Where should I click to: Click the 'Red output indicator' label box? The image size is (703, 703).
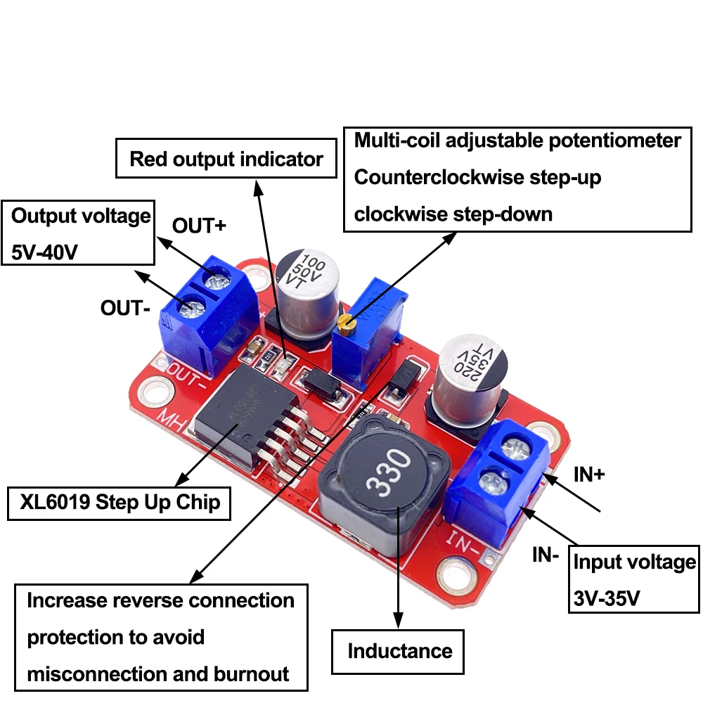(x=226, y=159)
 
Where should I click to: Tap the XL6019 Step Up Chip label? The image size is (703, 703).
(x=120, y=503)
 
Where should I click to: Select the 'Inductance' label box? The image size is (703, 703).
(x=399, y=651)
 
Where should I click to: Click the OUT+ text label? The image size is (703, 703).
(x=200, y=226)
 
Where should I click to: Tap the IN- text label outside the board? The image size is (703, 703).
(x=545, y=555)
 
